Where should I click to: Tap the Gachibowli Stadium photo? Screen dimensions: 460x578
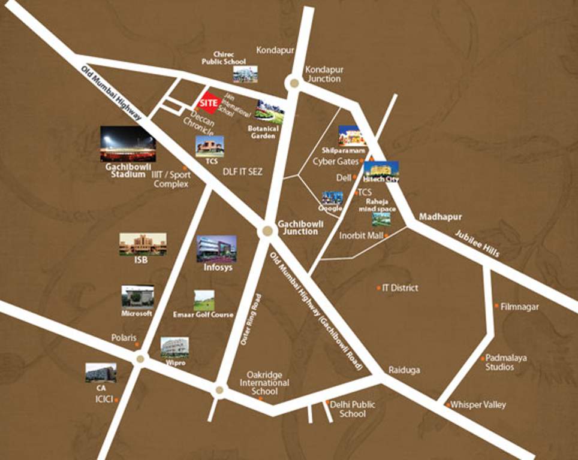tap(128, 144)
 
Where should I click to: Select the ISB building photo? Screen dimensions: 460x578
tap(143, 244)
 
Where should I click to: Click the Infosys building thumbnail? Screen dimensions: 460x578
tap(216, 249)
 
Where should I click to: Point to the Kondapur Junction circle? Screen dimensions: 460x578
tap(294, 83)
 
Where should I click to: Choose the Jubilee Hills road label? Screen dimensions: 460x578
tap(477, 244)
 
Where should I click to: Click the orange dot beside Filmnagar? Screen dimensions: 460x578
tap(496, 306)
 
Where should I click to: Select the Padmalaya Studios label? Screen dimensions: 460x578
tap(506, 362)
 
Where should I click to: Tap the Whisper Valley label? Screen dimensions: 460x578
tap(478, 405)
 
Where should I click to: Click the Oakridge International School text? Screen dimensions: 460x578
tap(264, 383)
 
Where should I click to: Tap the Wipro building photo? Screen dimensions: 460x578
tap(174, 347)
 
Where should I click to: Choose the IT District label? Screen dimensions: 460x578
tap(400, 288)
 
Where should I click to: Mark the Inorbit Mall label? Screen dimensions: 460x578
tap(361, 236)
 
